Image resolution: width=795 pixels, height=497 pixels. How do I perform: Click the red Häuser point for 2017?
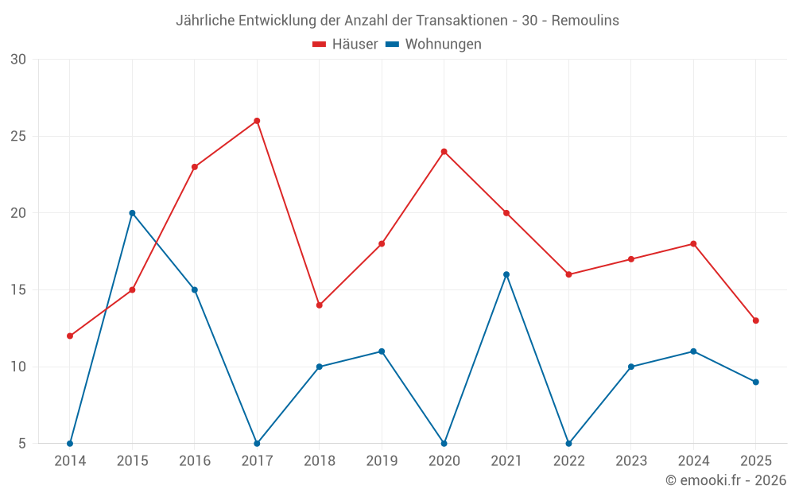[257, 121]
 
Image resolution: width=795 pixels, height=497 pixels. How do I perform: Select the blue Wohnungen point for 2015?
[132, 213]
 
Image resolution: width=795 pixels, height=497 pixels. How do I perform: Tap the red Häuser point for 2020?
[444, 152]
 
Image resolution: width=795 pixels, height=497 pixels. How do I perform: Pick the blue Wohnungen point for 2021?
[506, 274]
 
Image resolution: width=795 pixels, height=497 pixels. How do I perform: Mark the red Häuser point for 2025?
[755, 320]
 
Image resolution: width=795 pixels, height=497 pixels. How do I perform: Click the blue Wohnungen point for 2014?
[70, 443]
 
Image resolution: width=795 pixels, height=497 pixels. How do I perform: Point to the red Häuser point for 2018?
[320, 305]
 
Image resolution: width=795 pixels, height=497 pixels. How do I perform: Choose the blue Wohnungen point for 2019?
[382, 351]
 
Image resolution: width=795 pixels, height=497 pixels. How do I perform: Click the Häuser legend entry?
[345, 45]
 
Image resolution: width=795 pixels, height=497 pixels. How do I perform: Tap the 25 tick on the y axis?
[18, 136]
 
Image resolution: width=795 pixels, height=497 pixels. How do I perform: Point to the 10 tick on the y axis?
[18, 367]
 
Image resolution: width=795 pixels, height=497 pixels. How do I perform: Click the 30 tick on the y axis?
[18, 60]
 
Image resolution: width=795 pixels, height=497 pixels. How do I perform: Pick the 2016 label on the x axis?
[195, 460]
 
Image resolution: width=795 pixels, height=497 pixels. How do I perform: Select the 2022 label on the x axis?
[568, 460]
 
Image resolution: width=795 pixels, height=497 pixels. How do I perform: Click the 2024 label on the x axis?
[693, 460]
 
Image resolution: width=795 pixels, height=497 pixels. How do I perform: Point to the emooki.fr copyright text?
[726, 480]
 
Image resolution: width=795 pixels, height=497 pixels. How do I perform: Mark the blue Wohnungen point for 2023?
[631, 367]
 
